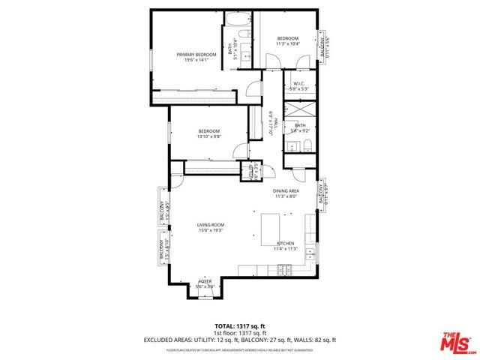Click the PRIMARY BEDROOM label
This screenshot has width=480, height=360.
[x=196, y=55]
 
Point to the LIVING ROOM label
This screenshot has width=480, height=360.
[x=211, y=225]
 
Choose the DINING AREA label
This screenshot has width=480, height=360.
[x=286, y=191]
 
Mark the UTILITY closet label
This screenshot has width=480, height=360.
[x=244, y=172]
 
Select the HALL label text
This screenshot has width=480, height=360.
[x=275, y=123]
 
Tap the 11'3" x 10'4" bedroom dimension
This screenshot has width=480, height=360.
[x=288, y=43]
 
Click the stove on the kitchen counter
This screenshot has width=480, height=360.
[x=309, y=254]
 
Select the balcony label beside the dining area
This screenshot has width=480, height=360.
[x=322, y=193]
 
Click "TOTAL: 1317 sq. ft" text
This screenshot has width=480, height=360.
[x=239, y=326]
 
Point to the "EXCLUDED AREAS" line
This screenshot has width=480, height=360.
[x=239, y=340]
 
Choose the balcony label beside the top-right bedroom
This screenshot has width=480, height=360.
[x=324, y=46]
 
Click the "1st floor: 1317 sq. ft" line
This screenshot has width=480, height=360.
[x=239, y=333]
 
